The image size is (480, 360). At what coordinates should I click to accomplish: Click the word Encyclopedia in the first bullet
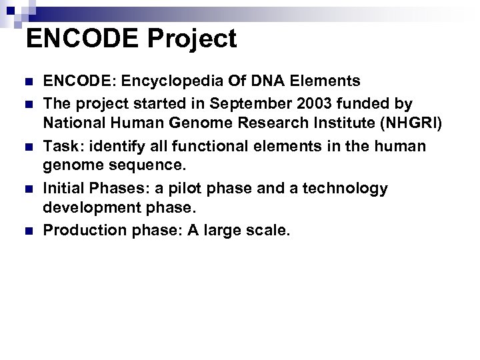coord(162,81)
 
